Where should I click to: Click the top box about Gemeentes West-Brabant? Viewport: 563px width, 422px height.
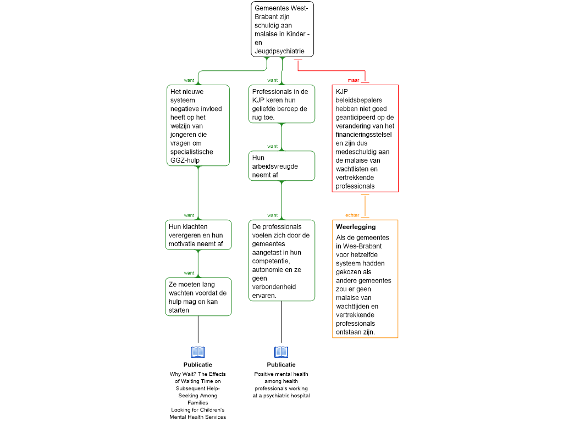pyautogui.click(x=282, y=29)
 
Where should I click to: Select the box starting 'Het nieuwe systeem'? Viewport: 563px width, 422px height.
pyautogui.click(x=198, y=125)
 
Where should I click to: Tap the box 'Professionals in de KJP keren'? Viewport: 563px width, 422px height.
pyautogui.click(x=281, y=104)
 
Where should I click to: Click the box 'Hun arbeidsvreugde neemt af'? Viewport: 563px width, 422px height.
pyautogui.click(x=281, y=166)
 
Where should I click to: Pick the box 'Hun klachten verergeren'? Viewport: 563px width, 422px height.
pyautogui.click(x=198, y=235)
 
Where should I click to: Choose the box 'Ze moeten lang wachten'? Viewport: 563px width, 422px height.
pyautogui.click(x=198, y=297)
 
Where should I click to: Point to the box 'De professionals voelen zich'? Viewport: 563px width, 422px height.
pyautogui.click(x=281, y=260)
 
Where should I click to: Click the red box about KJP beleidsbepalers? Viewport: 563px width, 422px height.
pyautogui.click(x=365, y=138)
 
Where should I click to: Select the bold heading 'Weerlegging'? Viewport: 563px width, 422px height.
pyautogui.click(x=356, y=227)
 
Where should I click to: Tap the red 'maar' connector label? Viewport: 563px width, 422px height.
pyautogui.click(x=354, y=80)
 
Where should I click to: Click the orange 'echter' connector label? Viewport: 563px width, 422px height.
pyautogui.click(x=352, y=215)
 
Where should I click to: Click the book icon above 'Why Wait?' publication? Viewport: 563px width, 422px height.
pyautogui.click(x=198, y=352)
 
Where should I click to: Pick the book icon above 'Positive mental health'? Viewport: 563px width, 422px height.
pyautogui.click(x=281, y=352)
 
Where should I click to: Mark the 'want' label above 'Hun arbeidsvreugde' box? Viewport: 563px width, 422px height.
pyautogui.click(x=273, y=146)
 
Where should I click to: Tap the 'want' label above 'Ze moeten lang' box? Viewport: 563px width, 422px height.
pyautogui.click(x=189, y=273)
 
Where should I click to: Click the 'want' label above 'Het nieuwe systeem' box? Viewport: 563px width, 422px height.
pyautogui.click(x=189, y=80)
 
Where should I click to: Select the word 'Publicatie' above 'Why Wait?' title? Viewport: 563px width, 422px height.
pyautogui.click(x=198, y=365)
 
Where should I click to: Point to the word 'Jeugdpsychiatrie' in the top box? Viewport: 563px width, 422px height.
pyautogui.click(x=279, y=51)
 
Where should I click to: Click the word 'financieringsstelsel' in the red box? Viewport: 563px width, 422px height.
pyautogui.click(x=364, y=135)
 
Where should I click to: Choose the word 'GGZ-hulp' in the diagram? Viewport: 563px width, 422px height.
pyautogui.click(x=185, y=160)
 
